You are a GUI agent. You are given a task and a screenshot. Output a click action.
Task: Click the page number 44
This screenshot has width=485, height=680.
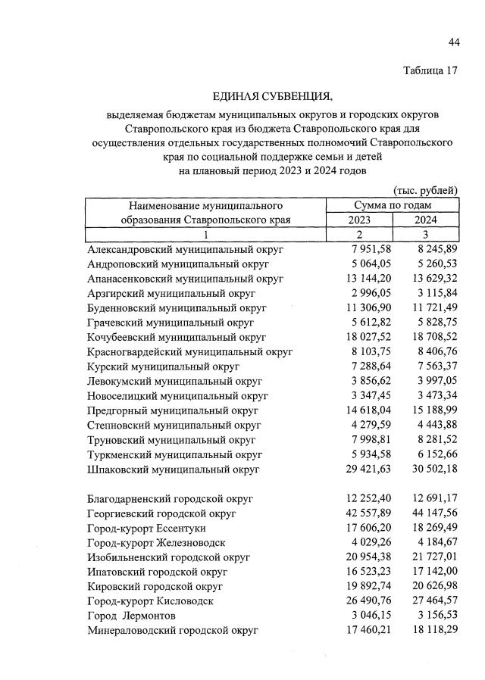[x=454, y=42]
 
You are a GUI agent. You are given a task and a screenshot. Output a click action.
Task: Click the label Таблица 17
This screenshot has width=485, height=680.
[x=431, y=72]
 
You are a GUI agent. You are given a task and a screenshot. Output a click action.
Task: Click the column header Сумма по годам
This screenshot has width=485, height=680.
[x=393, y=205]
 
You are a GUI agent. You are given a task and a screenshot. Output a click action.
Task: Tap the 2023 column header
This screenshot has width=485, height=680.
[x=359, y=220]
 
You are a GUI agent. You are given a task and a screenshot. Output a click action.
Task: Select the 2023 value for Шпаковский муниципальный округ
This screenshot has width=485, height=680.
[x=358, y=469]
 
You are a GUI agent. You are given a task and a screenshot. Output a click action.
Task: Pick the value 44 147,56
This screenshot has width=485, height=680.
[x=426, y=513]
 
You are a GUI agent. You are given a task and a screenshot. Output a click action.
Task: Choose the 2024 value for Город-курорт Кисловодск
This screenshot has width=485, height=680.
[x=426, y=600]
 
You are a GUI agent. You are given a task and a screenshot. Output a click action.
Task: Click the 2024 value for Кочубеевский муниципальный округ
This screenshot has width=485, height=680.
[x=426, y=337]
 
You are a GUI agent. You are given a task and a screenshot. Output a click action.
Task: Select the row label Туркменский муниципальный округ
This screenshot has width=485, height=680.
[x=175, y=454]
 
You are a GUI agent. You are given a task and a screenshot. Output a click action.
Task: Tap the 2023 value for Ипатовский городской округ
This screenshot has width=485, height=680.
[x=358, y=572]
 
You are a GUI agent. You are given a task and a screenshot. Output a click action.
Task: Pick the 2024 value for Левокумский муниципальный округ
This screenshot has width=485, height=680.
[x=429, y=381]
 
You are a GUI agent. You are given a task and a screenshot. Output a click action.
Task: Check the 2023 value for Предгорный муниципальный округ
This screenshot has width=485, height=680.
[x=358, y=410]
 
